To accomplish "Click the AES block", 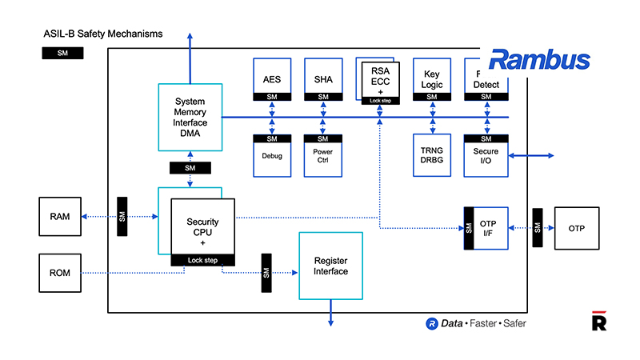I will [x=272, y=79].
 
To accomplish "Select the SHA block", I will [x=323, y=79].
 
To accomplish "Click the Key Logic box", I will [x=432, y=79].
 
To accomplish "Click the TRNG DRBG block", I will [x=432, y=155].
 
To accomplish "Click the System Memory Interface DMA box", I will [x=190, y=117].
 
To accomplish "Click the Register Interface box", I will [x=330, y=266].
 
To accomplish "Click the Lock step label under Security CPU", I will [x=203, y=260].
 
